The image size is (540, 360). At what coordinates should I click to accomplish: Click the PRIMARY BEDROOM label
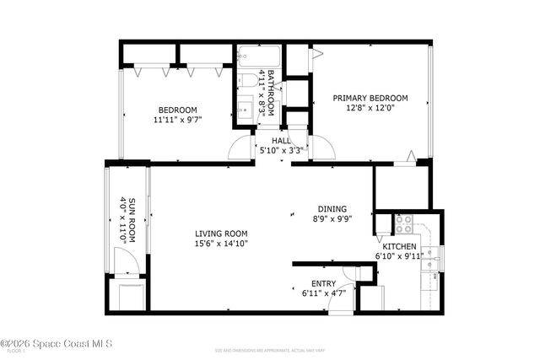pos(370,97)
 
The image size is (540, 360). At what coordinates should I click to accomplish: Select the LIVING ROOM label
pos(221,234)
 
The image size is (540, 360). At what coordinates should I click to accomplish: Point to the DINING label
pos(332,209)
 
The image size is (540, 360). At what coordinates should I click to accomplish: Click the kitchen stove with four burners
pos(403,225)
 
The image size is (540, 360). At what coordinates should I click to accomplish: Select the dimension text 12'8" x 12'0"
pos(370,107)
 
